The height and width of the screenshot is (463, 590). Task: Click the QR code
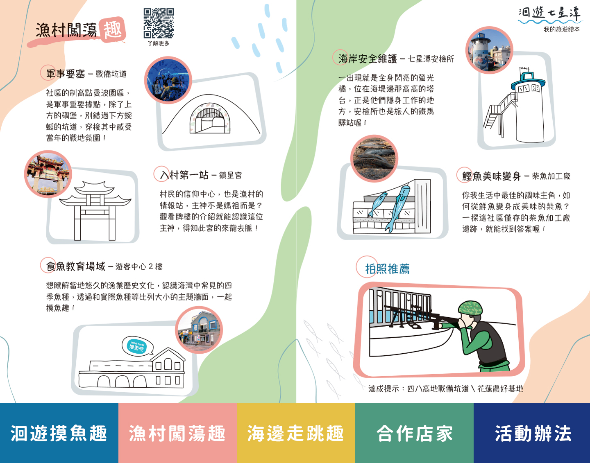[159, 23]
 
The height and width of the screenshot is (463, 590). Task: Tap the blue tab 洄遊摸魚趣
[59, 433]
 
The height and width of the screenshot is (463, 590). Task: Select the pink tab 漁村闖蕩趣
[177, 433]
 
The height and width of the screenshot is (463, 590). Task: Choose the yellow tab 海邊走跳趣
[296, 433]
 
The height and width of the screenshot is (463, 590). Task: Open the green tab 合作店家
[414, 433]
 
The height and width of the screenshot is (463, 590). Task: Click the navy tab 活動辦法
[532, 433]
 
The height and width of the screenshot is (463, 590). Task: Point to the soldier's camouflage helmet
[470, 307]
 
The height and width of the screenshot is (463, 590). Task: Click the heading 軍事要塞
[66, 74]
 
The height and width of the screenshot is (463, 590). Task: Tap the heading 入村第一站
[184, 175]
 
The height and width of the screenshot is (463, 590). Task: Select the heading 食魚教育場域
[75, 267]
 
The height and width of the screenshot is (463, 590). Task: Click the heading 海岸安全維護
[368, 59]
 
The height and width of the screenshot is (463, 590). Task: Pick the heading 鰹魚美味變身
[491, 176]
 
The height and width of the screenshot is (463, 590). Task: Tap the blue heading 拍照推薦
[387, 269]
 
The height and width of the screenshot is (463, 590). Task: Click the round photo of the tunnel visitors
[168, 80]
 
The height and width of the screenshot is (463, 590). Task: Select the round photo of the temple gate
[48, 174]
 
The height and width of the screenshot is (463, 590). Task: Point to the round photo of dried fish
[374, 159]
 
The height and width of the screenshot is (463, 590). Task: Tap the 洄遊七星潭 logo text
[549, 14]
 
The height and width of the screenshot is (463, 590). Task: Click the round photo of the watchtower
[489, 50]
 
